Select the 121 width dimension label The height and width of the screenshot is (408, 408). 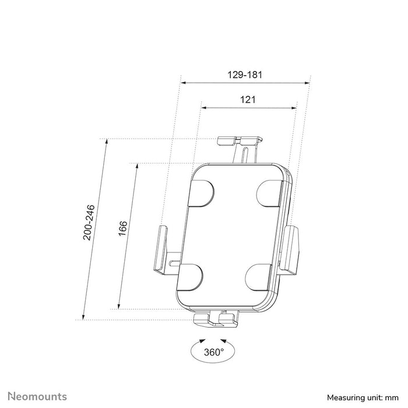click(x=248, y=100)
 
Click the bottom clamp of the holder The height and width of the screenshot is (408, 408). click(x=217, y=318)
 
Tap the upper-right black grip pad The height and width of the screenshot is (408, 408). click(x=270, y=193)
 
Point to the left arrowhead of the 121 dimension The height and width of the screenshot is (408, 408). click(x=204, y=107)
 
